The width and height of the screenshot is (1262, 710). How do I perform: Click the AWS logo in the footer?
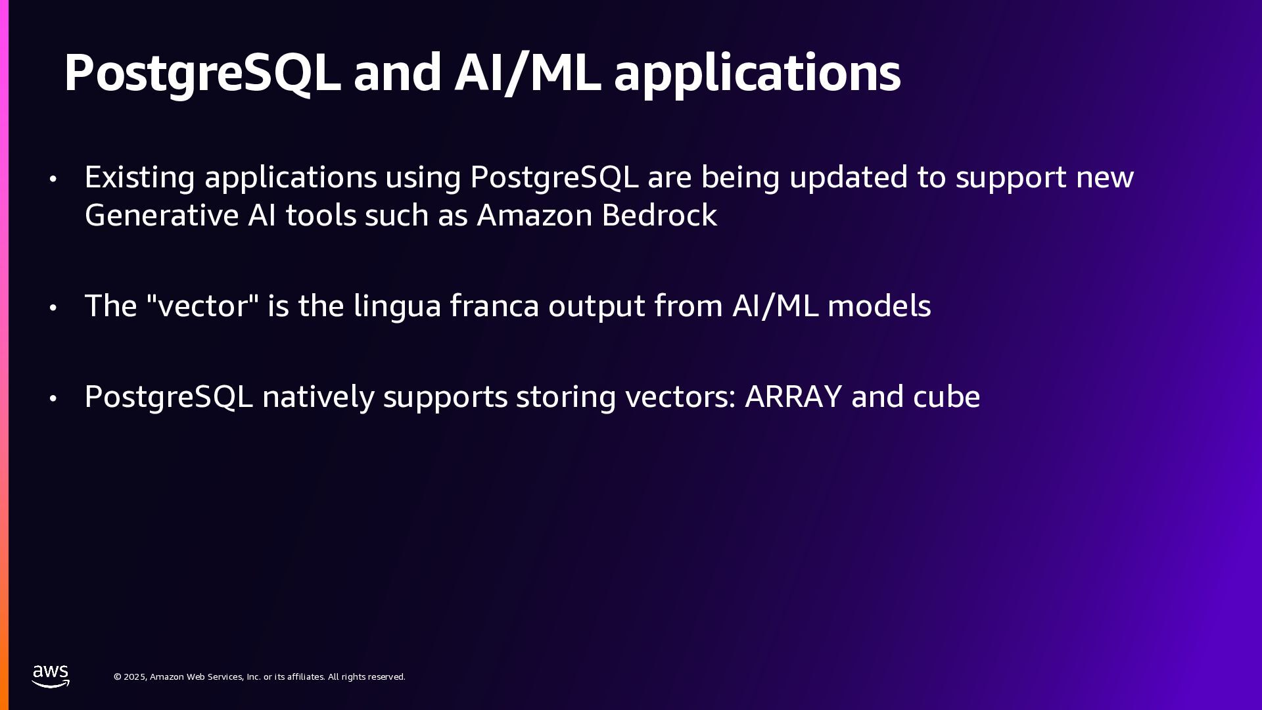[51, 676]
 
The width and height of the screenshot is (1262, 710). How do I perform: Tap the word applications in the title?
[757, 72]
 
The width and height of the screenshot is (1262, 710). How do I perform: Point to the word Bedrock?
[659, 216]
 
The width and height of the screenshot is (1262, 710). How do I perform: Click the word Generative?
[162, 216]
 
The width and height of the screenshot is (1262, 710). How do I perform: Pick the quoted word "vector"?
[202, 306]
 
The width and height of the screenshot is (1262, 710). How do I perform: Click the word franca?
[494, 306]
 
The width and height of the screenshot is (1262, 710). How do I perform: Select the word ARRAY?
[793, 396]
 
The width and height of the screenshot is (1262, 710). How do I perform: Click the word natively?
[318, 397]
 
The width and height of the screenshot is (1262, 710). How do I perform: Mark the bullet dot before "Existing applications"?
[53, 179]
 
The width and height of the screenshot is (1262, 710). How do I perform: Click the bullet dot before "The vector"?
[53, 308]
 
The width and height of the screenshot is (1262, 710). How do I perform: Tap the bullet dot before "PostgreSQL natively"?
[53, 398]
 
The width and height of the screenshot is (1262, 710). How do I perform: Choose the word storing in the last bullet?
[566, 397]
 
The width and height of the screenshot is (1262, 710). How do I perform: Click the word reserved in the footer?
[385, 677]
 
